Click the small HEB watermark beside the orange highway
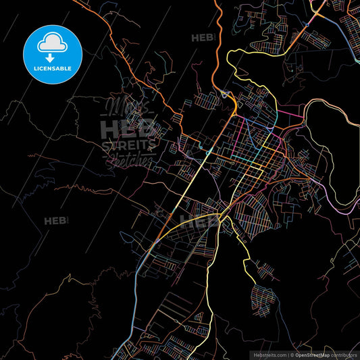pyautogui.click(x=203, y=37)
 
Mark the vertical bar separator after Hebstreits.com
pyautogui.click(x=288, y=354)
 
